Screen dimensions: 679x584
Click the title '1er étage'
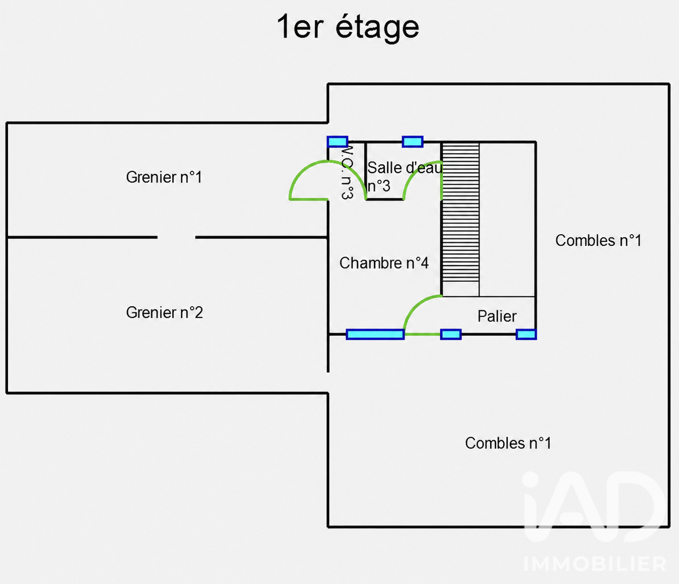(348, 28)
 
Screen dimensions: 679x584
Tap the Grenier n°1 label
(164, 177)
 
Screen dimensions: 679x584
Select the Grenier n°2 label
(164, 312)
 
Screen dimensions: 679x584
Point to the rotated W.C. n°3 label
(347, 170)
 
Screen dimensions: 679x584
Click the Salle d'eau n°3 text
(405, 177)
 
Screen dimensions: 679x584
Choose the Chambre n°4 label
(384, 263)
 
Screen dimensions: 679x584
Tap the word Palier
(497, 316)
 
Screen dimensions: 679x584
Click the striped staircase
(461, 212)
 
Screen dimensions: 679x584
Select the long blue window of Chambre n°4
(375, 334)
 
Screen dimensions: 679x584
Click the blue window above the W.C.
(337, 142)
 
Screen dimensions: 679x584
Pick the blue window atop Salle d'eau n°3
(413, 142)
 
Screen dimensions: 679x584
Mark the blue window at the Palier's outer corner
(526, 334)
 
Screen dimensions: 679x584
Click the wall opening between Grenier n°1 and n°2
(176, 237)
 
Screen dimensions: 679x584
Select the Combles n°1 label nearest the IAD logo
(508, 443)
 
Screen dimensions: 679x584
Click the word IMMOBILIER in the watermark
(595, 564)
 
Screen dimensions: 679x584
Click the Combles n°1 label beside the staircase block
(598, 241)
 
